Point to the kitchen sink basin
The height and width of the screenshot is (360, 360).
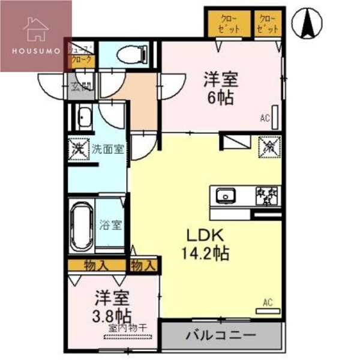click(225, 195)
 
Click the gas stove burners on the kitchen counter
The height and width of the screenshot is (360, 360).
click(268, 194)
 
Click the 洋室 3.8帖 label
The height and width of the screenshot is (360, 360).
click(112, 306)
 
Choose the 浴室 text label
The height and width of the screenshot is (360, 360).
click(110, 226)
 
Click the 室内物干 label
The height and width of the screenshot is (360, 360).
click(130, 328)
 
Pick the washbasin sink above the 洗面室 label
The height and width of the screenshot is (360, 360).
click(83, 117)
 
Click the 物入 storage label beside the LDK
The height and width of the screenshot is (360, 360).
click(143, 265)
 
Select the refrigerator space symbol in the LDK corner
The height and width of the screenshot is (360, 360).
click(268, 145)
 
